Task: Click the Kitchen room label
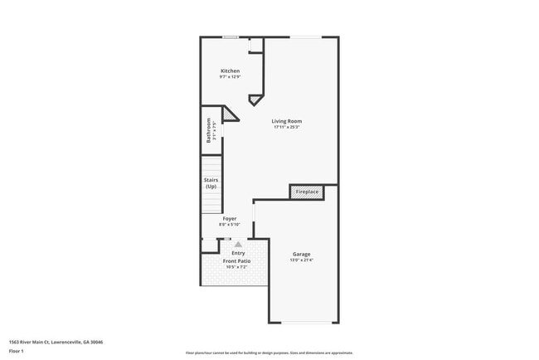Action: [x=230, y=71]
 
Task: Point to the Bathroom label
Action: [x=209, y=130]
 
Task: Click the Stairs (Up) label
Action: [x=211, y=183]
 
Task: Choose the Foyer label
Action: [x=229, y=219]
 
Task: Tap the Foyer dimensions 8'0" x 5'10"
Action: [x=229, y=225]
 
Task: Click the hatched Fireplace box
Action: [x=307, y=192]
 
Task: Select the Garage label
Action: [x=301, y=254]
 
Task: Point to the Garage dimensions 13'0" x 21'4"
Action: [x=301, y=260]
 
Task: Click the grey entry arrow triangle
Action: [x=238, y=245]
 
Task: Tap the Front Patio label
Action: [x=236, y=260]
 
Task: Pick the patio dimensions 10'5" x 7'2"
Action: [x=236, y=266]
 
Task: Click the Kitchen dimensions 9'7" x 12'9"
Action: [x=230, y=77]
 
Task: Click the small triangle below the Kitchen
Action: [x=254, y=99]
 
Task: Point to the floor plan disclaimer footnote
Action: [x=269, y=353]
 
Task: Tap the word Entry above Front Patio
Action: [x=238, y=253]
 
